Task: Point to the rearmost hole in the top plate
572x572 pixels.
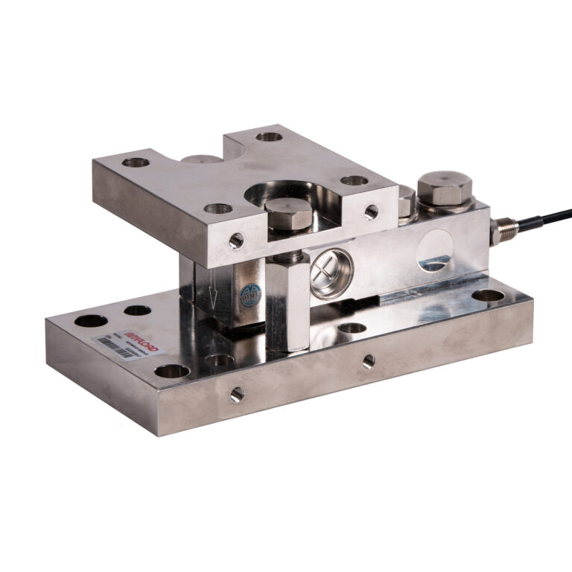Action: coord(268,136)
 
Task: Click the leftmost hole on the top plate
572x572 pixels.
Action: coord(135,162)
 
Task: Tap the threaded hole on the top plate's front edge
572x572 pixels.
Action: coord(236,240)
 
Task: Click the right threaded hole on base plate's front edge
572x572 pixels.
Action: coord(368,363)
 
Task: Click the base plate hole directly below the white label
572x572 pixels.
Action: coord(173,370)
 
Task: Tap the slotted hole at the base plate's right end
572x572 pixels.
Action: coord(487,296)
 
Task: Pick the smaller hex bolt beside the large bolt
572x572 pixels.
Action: coord(406,201)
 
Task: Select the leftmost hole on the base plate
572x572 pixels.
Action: coord(92,322)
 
